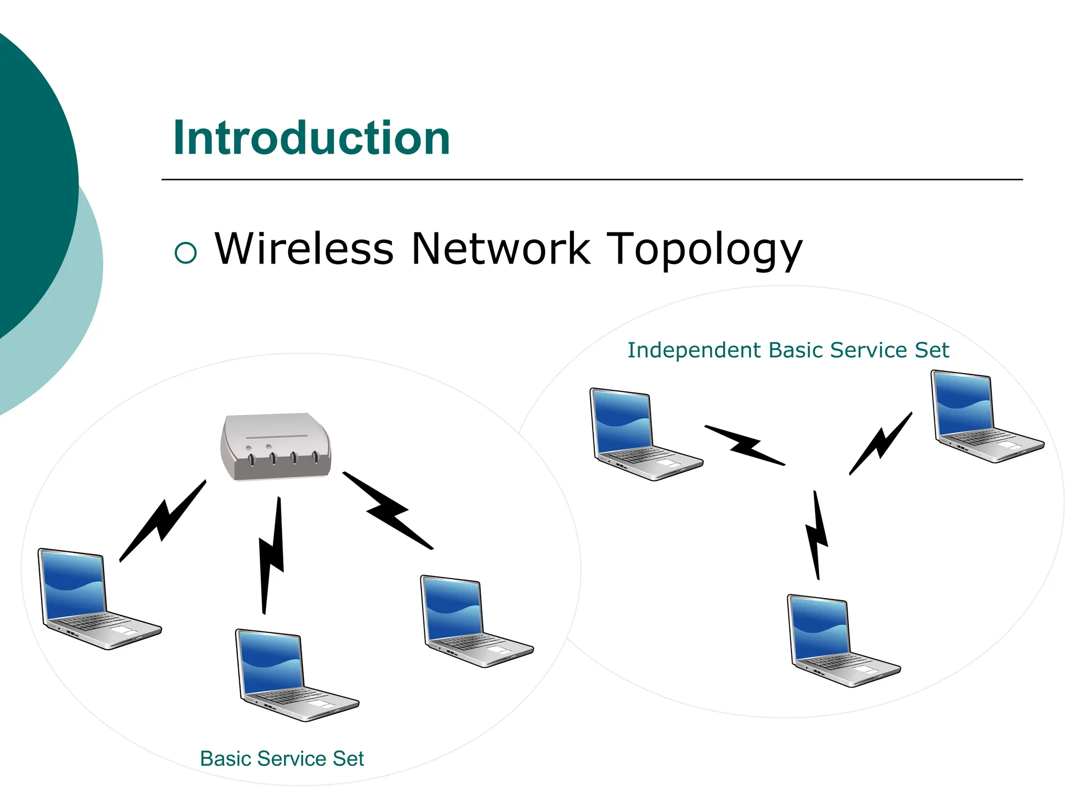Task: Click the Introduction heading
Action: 311,138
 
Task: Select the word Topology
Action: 705,250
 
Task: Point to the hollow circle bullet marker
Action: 186,252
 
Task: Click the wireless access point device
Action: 276,447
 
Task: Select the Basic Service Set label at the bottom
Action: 282,759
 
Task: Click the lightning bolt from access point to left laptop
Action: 162,521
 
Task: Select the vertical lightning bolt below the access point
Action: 271,555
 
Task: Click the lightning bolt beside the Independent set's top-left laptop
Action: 745,445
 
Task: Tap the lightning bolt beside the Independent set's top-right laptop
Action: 881,443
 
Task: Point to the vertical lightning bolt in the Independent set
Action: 816,535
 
